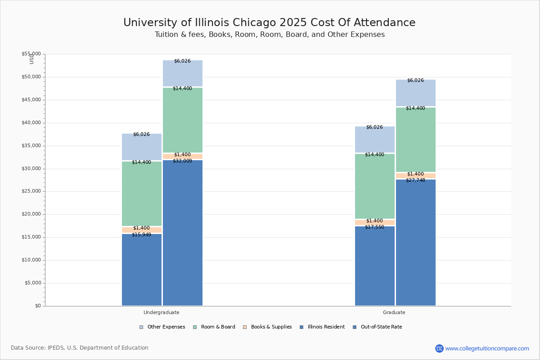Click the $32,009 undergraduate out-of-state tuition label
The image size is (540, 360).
[182, 161]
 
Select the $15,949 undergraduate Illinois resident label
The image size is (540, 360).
[141, 235]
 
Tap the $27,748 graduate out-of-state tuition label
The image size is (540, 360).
[415, 180]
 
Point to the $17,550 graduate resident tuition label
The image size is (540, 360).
[374, 227]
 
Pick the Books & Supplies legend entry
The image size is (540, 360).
[267, 327]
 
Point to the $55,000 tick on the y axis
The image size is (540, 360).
[31, 54]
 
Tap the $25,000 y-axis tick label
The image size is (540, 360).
[31, 191]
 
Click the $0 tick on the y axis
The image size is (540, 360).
[37, 306]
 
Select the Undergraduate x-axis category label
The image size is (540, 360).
[162, 312]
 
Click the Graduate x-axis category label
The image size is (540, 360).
[394, 312]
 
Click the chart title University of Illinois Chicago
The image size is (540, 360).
[269, 23]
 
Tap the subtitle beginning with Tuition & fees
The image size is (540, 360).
[269, 35]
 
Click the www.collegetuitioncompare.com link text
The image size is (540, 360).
[487, 348]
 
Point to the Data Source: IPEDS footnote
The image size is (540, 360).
[80, 348]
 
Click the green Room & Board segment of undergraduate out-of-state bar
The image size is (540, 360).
[183, 120]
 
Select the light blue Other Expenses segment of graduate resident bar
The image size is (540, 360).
[375, 139]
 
